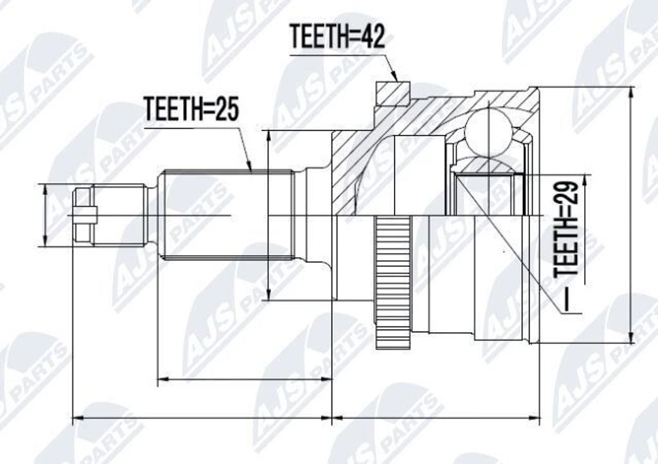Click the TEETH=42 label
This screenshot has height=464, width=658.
[337, 37]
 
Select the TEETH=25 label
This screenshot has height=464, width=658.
[191, 109]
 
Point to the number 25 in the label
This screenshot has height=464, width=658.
[226, 109]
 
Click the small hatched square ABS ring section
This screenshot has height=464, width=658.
[393, 93]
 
